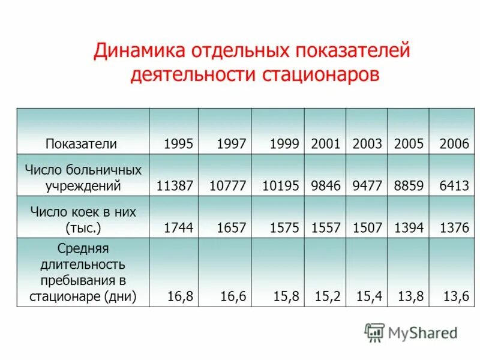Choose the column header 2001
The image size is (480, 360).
click(326, 144)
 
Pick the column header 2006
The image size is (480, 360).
click(454, 144)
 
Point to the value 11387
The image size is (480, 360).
click(175, 185)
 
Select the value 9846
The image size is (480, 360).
click(326, 185)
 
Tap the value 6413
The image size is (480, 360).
click(454, 185)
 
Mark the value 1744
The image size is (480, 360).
click(178, 227)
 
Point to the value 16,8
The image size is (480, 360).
click(181, 296)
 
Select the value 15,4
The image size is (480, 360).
click(370, 296)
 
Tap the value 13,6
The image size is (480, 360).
click(457, 296)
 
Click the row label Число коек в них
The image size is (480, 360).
click(83, 212)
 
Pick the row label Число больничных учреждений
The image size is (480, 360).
click(83, 178)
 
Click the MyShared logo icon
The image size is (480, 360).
click(374, 332)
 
